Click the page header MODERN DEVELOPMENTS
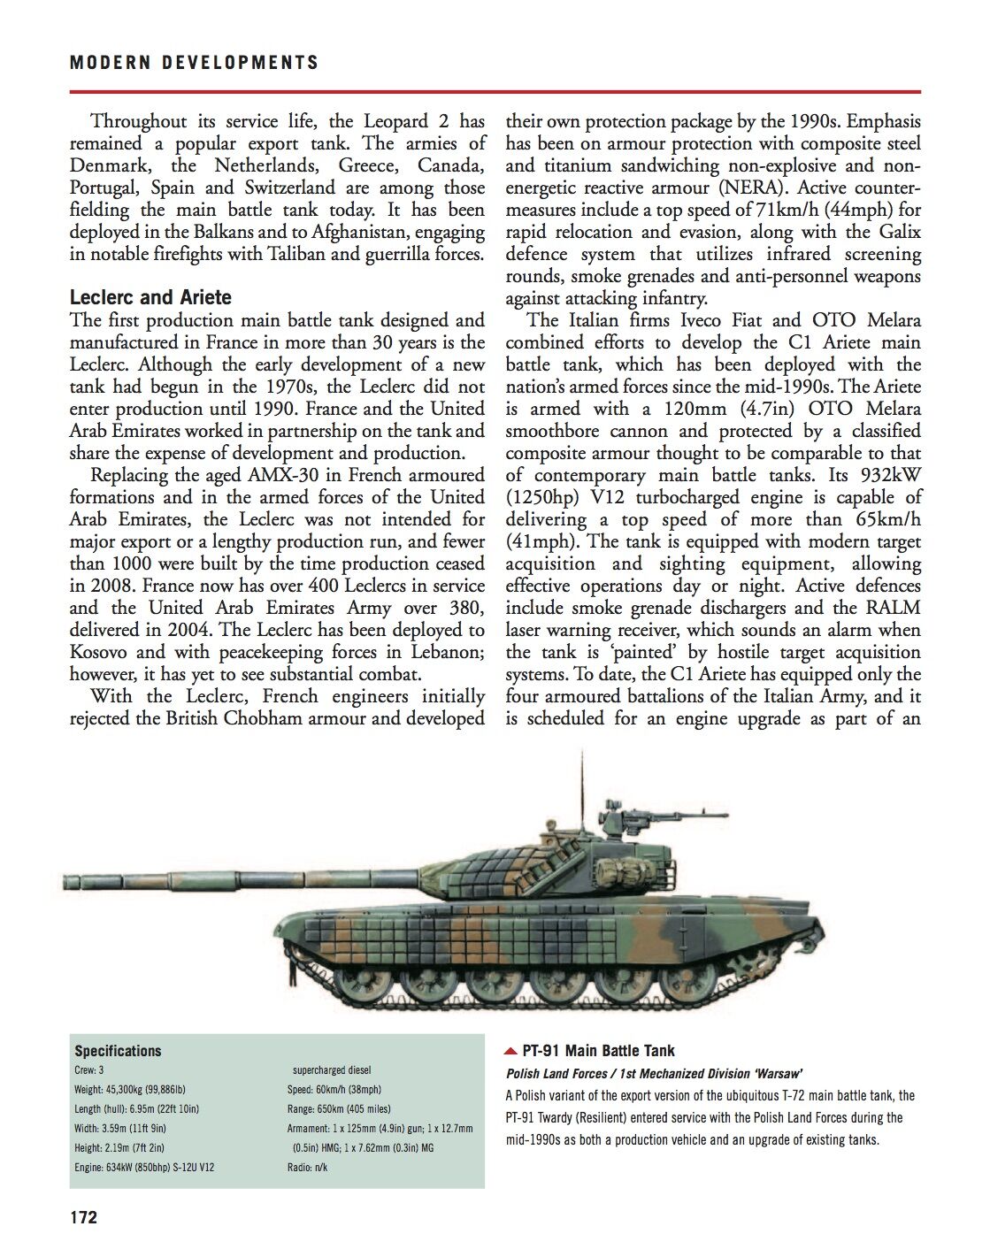194,63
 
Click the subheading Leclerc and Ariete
150,297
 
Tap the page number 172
84,1217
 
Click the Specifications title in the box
118,1051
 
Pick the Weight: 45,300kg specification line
129,1090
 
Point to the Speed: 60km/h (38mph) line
334,1090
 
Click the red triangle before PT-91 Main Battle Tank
510,1052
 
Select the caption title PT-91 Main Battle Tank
598,1051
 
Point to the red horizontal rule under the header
495,91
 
